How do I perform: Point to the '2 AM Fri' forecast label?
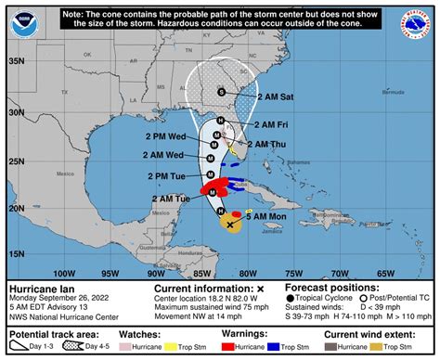tap(264, 123)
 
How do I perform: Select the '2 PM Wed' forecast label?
tap(162, 135)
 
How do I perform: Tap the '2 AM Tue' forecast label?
tap(169, 199)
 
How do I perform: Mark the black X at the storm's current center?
tap(230, 224)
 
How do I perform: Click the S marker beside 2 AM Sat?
tap(221, 91)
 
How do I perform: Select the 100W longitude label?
tap(64, 273)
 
